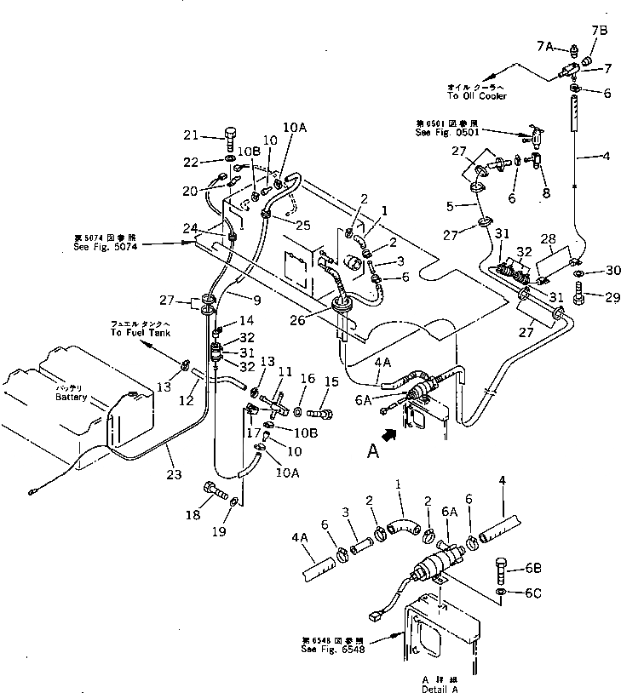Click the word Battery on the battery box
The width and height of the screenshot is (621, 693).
click(72, 398)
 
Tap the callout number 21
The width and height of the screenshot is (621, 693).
click(191, 135)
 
